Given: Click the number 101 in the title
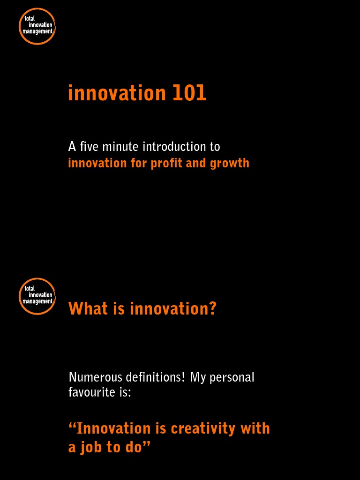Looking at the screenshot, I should [x=189, y=93].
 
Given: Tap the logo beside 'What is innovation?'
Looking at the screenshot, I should [x=37, y=296].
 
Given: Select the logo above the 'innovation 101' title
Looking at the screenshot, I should [x=37, y=26].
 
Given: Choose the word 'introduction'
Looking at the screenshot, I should [x=174, y=147].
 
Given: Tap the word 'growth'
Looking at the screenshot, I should [x=230, y=164].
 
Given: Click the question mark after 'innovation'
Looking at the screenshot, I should [x=212, y=309].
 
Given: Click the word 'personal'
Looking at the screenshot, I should [x=232, y=377].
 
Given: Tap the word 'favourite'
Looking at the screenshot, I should [x=89, y=392].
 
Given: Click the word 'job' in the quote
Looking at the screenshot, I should [x=91, y=448].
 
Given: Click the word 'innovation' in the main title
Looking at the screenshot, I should [x=117, y=93].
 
